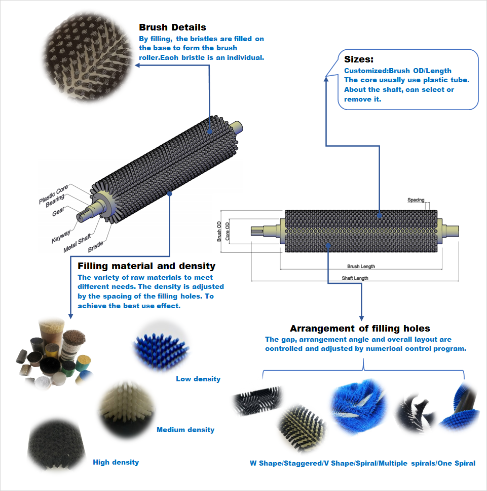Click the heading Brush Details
click(x=172, y=27)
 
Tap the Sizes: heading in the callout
click(x=359, y=59)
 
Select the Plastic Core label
click(x=53, y=194)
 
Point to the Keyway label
click(x=61, y=236)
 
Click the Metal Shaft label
click(x=77, y=243)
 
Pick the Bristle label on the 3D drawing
click(x=95, y=246)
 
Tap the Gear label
click(x=58, y=211)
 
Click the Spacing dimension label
click(x=416, y=200)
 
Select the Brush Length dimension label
click(x=361, y=266)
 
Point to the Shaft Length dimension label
click(x=355, y=278)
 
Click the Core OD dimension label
click(x=228, y=231)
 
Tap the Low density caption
click(x=198, y=379)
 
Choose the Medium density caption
click(x=185, y=430)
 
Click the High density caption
click(x=116, y=462)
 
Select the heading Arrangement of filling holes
click(x=360, y=328)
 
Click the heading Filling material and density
click(x=146, y=266)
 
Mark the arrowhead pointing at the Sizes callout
click(x=326, y=79)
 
